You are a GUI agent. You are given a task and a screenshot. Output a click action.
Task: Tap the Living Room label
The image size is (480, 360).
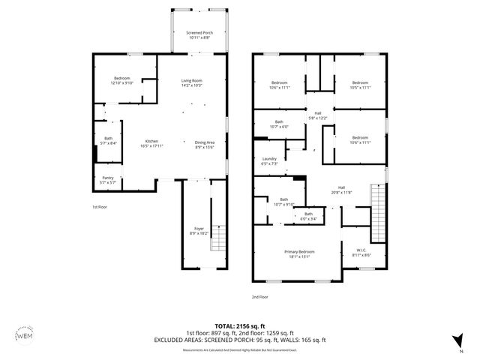[x=192, y=82]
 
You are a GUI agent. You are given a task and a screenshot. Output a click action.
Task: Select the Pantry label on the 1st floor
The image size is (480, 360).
[x=108, y=180]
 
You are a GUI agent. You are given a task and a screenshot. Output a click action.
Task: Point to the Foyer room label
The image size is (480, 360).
[x=199, y=230]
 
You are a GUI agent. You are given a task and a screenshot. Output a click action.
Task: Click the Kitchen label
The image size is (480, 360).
[x=151, y=143]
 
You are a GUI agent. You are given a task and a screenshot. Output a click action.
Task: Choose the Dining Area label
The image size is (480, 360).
[x=205, y=145]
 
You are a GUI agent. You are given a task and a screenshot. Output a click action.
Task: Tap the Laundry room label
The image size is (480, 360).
[x=270, y=160]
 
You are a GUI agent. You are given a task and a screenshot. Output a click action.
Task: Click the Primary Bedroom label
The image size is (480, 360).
[x=298, y=253]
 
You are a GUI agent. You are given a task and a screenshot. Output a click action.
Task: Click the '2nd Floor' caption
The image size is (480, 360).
[x=259, y=297]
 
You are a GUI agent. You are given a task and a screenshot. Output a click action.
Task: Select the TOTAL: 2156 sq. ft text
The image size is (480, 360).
[x=240, y=326]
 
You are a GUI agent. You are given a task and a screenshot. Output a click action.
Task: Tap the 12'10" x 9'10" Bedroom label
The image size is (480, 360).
[x=122, y=80]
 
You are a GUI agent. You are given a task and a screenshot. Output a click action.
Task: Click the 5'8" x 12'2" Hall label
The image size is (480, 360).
[x=318, y=116]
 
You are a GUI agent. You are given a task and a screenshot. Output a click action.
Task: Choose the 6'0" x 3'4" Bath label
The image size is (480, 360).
[x=308, y=217]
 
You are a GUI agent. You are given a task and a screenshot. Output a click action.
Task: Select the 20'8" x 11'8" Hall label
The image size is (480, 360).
[x=341, y=190]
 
